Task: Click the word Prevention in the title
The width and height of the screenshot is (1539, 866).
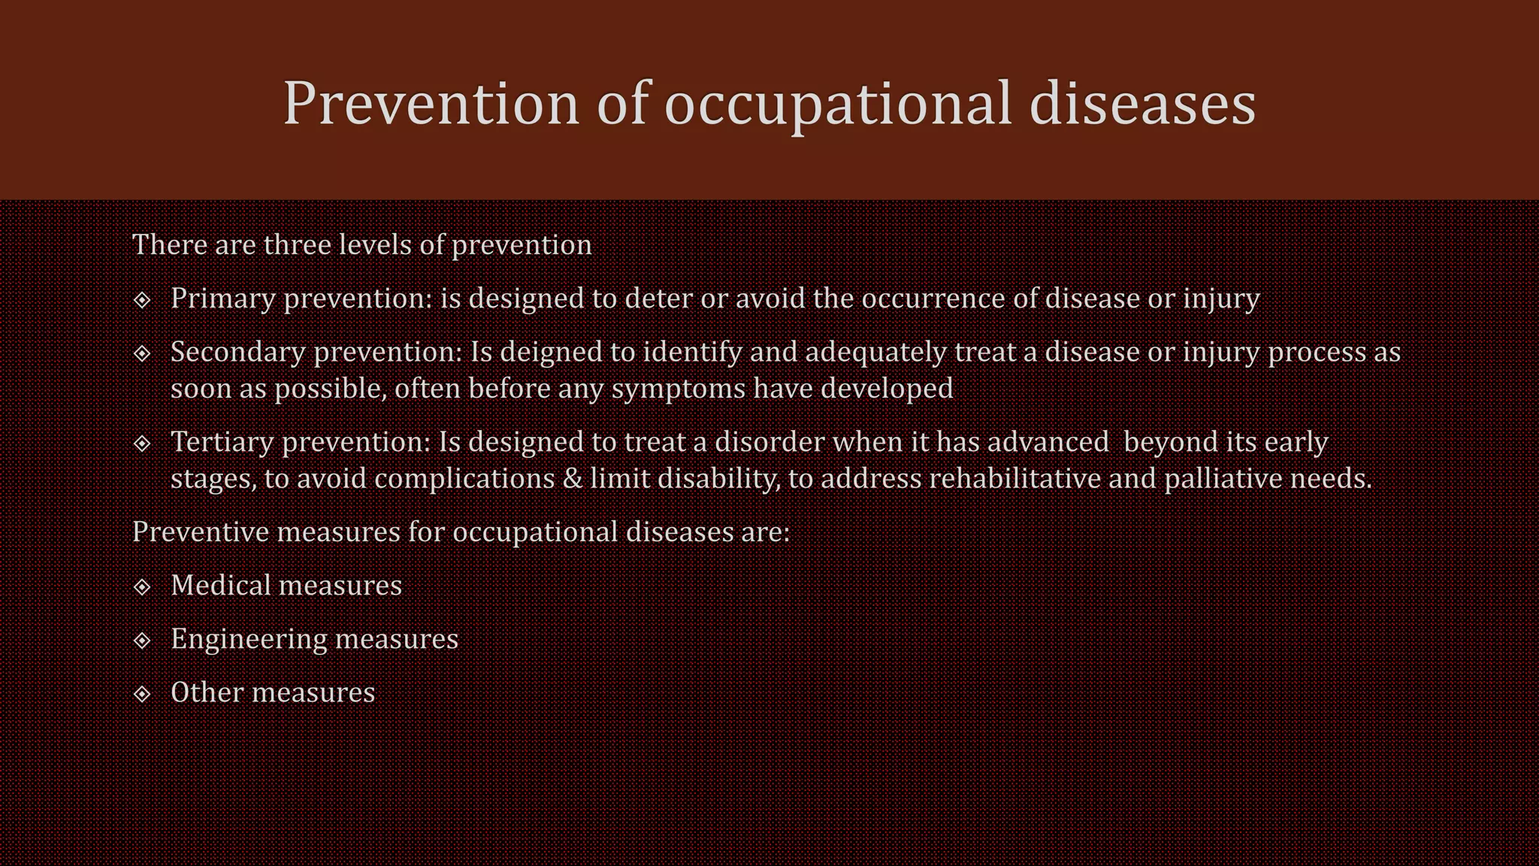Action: pyautogui.click(x=431, y=103)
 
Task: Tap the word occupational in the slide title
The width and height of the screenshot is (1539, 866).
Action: pyautogui.click(x=837, y=103)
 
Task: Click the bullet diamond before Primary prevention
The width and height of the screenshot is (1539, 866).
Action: pyautogui.click(x=142, y=300)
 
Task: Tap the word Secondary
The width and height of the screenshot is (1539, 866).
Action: pyautogui.click(x=237, y=352)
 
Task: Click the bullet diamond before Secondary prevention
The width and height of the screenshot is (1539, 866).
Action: pyautogui.click(x=142, y=353)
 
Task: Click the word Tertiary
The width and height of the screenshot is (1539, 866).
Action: pyautogui.click(x=222, y=442)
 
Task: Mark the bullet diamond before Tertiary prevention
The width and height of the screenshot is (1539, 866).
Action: pyautogui.click(x=142, y=444)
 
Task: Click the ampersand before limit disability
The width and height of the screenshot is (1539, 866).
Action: pyautogui.click(x=573, y=479)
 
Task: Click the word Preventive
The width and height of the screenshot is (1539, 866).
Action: pyautogui.click(x=201, y=532)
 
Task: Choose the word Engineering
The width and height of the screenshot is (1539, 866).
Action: pyautogui.click(x=248, y=639)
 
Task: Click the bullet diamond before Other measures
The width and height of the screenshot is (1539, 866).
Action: pyautogui.click(x=142, y=694)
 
